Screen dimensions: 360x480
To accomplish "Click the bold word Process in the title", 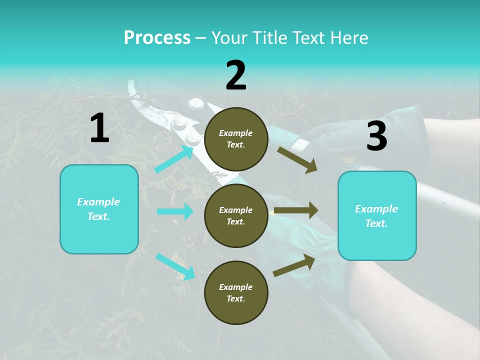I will coord(157,38).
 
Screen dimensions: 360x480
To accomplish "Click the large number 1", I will coord(99,128).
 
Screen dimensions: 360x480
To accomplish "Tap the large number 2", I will coord(236,75).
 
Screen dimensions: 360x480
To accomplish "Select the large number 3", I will coord(376,136).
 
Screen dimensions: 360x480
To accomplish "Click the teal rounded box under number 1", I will coord(99,209).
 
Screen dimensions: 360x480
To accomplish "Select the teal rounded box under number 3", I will coord(377,216).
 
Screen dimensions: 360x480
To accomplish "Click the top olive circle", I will coord(236,139).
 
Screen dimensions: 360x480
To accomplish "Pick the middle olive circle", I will coord(236,215).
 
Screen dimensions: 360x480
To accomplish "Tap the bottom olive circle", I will coord(236,292).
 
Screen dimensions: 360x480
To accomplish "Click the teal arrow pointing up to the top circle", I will coord(174,159).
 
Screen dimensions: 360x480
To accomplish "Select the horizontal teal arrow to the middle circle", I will coord(175,211).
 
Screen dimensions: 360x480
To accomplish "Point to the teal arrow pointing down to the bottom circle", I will coord(175,266).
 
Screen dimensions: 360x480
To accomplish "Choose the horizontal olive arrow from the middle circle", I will coord(296,210).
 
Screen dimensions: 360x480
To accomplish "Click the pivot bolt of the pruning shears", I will coord(195,104).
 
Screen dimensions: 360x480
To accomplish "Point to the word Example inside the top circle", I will coord(236,133).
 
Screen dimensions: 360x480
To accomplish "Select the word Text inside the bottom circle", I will coord(235,298).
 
